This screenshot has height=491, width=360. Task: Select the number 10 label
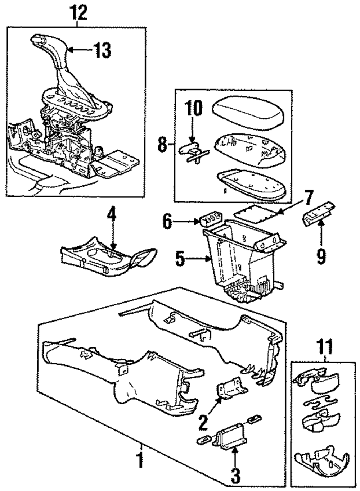click(194, 108)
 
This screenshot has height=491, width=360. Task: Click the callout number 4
click(112, 218)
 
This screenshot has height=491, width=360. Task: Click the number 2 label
click(203, 423)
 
